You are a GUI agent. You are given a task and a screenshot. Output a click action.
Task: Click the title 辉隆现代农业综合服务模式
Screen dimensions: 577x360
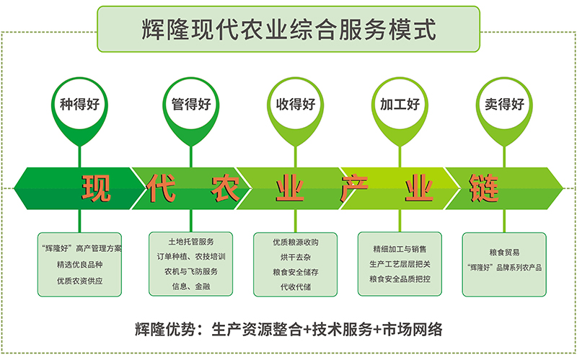[289, 30]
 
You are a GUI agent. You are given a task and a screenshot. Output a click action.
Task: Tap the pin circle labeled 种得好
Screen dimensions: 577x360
[79, 105]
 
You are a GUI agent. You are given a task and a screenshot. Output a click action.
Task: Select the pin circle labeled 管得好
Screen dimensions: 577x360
[191, 105]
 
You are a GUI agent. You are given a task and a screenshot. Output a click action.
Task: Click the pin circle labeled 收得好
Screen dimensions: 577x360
[296, 105]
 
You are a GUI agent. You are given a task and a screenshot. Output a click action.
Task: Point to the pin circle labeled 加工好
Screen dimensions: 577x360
[400, 105]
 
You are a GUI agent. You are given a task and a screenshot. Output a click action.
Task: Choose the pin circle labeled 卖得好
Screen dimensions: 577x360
[504, 105]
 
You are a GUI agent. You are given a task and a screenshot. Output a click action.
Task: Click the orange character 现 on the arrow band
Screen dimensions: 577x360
[96, 188]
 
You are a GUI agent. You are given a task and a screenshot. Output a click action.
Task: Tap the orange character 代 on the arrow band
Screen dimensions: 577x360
[160, 188]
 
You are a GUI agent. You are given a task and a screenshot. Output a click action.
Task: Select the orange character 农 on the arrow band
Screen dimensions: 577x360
[226, 188]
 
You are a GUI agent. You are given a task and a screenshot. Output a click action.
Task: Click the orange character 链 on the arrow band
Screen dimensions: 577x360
[484, 188]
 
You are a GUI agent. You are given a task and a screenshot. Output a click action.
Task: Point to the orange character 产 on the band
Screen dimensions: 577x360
[354, 188]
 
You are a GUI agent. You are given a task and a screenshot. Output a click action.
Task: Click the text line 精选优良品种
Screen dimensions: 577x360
[79, 265]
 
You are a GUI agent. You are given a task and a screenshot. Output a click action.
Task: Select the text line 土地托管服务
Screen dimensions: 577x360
[191, 242]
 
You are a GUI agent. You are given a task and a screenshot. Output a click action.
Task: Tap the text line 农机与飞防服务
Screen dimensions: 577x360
[191, 272]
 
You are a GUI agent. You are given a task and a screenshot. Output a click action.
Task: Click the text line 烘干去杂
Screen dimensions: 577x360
[296, 258]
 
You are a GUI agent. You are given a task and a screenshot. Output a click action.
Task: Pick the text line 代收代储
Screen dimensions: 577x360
[296, 286]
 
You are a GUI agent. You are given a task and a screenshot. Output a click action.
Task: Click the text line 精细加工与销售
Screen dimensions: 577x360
[400, 249]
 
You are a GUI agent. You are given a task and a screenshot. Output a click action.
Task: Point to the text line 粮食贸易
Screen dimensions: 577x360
[504, 253]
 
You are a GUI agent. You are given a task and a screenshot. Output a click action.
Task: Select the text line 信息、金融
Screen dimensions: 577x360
[191, 286]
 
